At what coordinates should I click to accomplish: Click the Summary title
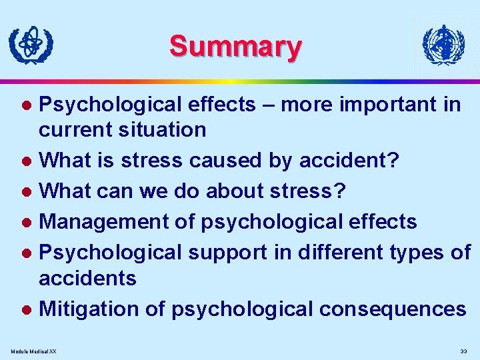pyautogui.click(x=235, y=47)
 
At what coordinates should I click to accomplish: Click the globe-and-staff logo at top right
pyautogui.click(x=443, y=45)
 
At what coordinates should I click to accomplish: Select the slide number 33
pyautogui.click(x=463, y=351)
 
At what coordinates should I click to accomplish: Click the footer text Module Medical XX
pyautogui.click(x=34, y=351)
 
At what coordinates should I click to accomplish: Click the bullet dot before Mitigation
pyautogui.click(x=27, y=310)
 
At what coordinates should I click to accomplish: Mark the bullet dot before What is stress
pyautogui.click(x=27, y=161)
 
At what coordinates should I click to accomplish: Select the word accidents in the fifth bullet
pyautogui.click(x=87, y=277)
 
